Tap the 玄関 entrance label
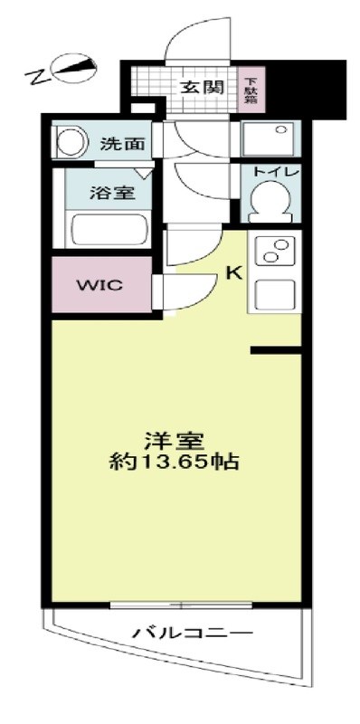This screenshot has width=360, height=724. (x=200, y=88)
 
